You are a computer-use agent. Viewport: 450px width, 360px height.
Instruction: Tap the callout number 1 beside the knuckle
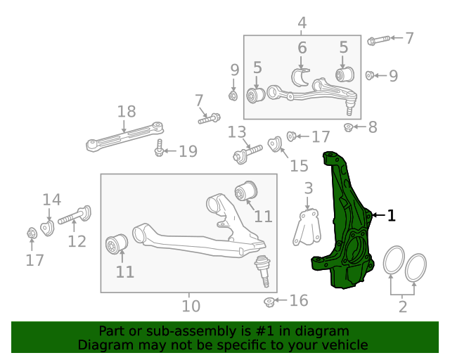click(x=392, y=216)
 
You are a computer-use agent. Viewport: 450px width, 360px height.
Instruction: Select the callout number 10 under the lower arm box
click(x=191, y=306)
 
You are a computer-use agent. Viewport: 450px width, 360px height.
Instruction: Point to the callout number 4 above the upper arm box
click(x=302, y=22)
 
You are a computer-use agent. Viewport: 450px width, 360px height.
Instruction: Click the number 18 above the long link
click(x=127, y=112)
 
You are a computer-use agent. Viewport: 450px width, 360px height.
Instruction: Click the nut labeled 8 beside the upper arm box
click(x=348, y=127)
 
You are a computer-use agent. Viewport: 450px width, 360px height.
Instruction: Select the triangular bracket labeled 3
click(x=304, y=229)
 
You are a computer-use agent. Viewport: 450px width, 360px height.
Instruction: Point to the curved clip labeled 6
click(x=303, y=76)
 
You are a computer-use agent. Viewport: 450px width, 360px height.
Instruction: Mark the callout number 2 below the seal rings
click(x=402, y=306)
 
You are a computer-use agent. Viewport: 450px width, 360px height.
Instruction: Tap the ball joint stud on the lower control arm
click(x=263, y=270)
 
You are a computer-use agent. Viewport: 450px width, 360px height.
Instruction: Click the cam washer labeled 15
click(x=276, y=144)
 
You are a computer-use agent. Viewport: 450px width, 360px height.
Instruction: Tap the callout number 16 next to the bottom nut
click(x=299, y=301)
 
